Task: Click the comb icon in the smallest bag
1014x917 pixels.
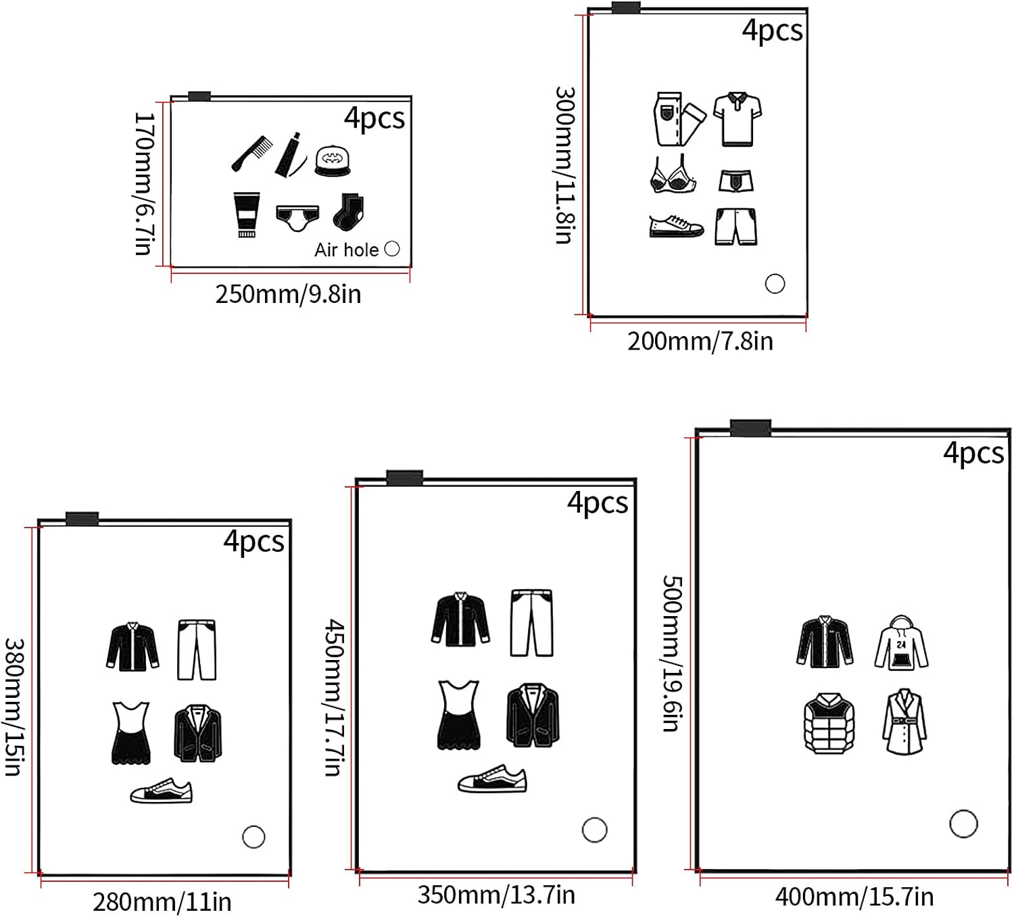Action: [x=253, y=153]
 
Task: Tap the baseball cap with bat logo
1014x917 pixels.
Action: [x=333, y=161]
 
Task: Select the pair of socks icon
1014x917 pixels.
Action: [x=349, y=211]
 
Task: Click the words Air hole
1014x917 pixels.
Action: [x=346, y=250]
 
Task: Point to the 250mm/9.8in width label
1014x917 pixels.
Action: [x=288, y=294]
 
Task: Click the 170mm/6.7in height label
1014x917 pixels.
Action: [x=144, y=183]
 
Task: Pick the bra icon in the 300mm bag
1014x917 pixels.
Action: [x=671, y=175]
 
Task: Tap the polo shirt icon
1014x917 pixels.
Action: [x=738, y=118]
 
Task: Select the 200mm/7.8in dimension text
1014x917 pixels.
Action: [x=700, y=341]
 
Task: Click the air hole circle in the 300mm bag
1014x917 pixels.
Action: [x=775, y=283]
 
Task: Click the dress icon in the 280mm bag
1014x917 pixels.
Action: [x=130, y=733]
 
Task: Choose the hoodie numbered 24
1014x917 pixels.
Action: [x=901, y=643]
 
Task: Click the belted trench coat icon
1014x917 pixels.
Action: [x=904, y=722]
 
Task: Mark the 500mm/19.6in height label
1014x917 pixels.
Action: [x=672, y=653]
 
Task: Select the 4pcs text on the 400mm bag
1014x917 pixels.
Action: [x=973, y=453]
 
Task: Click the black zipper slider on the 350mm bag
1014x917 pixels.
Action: [x=405, y=478]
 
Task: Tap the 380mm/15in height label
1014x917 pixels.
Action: [x=15, y=707]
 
